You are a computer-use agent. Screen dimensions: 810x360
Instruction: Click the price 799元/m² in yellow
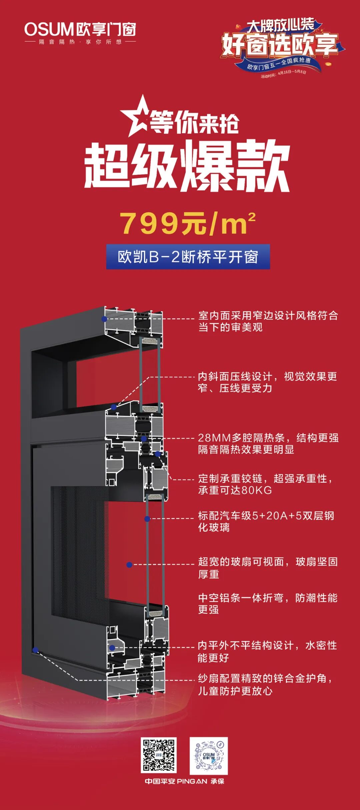tap(188, 223)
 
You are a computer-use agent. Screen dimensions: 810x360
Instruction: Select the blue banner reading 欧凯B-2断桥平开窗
tap(188, 257)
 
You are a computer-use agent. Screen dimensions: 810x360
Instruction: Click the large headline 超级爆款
tap(187, 166)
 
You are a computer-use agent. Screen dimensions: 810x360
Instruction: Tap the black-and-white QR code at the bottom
tap(158, 755)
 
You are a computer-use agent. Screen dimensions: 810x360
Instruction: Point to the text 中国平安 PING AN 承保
tap(184, 781)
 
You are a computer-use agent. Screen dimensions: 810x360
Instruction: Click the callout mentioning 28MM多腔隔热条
tap(268, 443)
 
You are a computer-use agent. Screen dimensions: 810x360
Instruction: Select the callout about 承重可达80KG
tap(265, 484)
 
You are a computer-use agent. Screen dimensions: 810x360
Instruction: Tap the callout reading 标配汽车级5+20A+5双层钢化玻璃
tap(266, 521)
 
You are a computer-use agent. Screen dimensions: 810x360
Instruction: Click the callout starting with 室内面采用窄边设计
tap(268, 321)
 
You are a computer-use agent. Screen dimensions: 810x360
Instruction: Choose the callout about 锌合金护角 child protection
tap(265, 684)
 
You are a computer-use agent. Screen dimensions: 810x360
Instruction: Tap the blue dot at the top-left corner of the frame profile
tap(104, 319)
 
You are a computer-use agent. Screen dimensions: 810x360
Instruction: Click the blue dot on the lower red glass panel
tap(129, 565)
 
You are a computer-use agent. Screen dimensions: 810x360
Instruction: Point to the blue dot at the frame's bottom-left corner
tap(35, 650)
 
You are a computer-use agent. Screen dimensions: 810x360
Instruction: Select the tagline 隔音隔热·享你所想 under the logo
tap(80, 42)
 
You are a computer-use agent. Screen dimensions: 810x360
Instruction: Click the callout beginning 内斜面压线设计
tap(267, 382)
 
